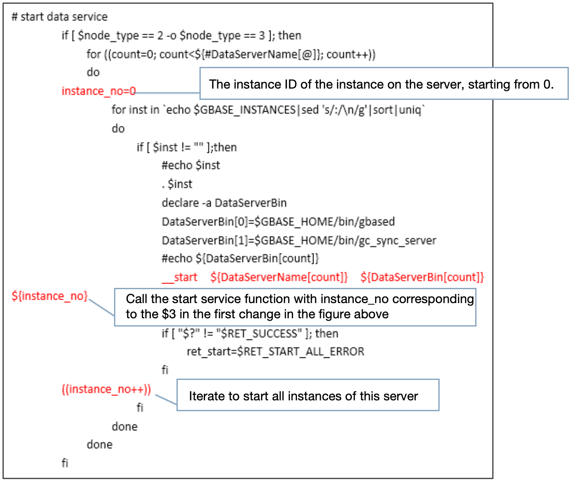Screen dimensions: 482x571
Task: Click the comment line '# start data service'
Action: [59, 17]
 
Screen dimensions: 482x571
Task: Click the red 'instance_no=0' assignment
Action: [98, 91]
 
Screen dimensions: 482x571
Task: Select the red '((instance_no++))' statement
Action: [106, 389]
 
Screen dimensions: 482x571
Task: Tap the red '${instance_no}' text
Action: [49, 296]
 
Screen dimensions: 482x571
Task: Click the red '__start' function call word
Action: [179, 277]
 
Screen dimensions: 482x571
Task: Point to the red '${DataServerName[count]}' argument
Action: [279, 277]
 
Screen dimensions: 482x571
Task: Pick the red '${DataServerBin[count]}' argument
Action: [422, 277]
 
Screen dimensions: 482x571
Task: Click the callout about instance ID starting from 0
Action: [384, 84]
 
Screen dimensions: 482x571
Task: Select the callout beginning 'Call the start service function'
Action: [295, 307]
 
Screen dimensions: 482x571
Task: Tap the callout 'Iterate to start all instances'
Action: [307, 396]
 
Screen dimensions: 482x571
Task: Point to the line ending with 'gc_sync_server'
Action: [299, 241]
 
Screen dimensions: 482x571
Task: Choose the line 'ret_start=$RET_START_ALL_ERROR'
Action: [275, 351]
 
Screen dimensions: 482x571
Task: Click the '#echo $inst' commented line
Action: [191, 165]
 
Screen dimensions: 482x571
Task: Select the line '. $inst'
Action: [177, 184]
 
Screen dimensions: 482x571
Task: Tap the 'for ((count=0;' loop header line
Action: [231, 54]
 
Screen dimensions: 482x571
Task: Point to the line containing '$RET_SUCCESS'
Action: [250, 333]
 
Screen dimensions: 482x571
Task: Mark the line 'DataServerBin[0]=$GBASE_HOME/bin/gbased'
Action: [278, 221]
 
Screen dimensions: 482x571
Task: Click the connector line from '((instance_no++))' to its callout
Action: [166, 400]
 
